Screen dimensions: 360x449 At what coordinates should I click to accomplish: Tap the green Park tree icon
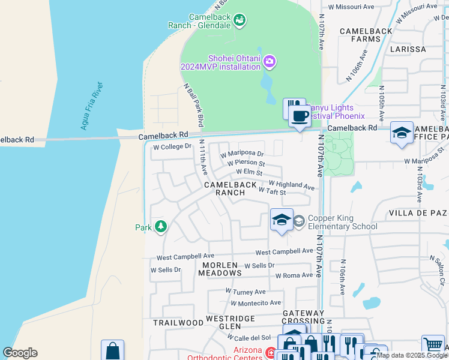[x=161, y=227]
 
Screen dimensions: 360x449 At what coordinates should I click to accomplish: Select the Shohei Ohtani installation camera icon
[x=270, y=61]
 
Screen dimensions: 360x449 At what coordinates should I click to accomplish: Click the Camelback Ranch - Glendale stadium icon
[x=240, y=20]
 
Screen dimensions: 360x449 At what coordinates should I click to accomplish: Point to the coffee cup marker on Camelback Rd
[x=299, y=115]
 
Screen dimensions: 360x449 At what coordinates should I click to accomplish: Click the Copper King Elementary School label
[x=342, y=222]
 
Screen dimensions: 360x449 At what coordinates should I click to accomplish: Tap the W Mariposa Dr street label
[x=243, y=154]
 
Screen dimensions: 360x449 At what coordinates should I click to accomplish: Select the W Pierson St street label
[x=246, y=163]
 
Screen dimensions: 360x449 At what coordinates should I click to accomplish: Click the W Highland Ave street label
[x=291, y=185]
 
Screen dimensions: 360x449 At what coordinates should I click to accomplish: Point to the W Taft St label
[x=271, y=191]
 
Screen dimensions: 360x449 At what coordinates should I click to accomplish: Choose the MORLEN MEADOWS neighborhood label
[x=221, y=269]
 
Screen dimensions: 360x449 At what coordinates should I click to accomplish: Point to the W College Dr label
[x=172, y=146]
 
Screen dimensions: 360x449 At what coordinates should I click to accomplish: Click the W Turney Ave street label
[x=245, y=292]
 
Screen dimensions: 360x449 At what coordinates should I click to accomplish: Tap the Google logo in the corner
[x=20, y=353]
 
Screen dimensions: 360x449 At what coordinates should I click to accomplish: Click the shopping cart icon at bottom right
[x=433, y=344]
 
